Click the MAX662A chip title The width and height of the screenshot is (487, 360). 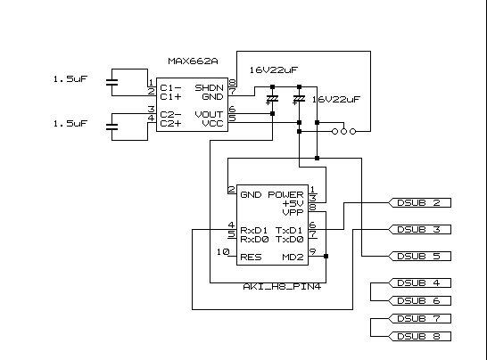coord(193,61)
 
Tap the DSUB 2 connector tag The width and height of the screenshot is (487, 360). coord(419,203)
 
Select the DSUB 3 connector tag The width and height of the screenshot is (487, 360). coord(419,230)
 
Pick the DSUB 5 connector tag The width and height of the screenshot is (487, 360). coord(419,257)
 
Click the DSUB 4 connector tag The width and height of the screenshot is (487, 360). coord(419,283)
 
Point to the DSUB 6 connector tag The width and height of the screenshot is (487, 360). coord(419,300)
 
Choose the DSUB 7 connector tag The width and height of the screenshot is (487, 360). coord(419,319)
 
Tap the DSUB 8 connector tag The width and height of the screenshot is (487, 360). coord(419,337)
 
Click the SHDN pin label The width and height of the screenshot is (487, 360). coord(209,88)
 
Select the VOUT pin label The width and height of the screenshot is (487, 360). coord(209,115)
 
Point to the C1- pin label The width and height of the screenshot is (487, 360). coord(170,88)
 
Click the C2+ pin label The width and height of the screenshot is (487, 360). coord(170,124)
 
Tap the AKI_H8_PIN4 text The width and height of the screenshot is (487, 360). coord(282,286)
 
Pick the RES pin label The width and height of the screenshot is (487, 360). coord(251,258)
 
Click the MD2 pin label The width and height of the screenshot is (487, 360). coord(293,258)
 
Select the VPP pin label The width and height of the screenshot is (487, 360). coord(293,213)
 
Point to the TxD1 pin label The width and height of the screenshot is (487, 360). coord(289,231)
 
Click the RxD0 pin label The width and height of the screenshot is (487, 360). coord(254,240)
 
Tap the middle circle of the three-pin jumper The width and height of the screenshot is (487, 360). coord(343,132)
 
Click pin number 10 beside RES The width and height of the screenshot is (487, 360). coord(223,251)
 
